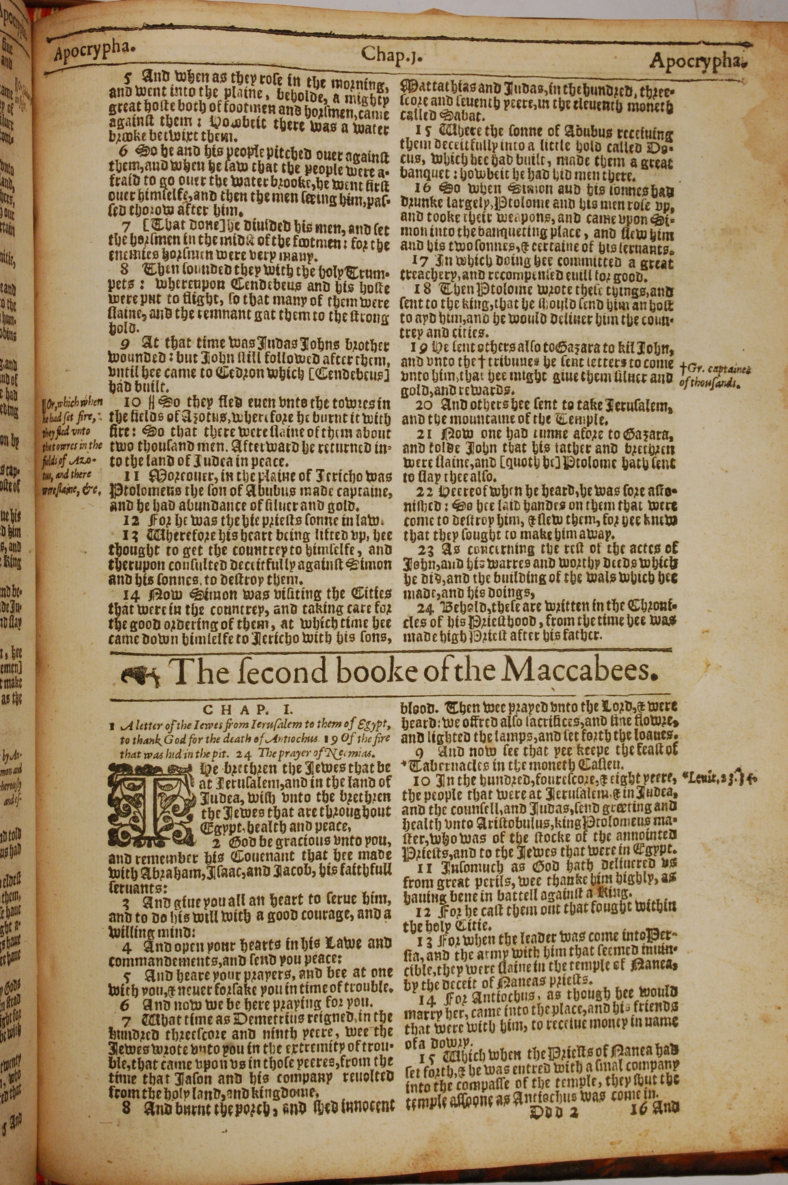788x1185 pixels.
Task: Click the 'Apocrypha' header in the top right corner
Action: [x=696, y=61]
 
